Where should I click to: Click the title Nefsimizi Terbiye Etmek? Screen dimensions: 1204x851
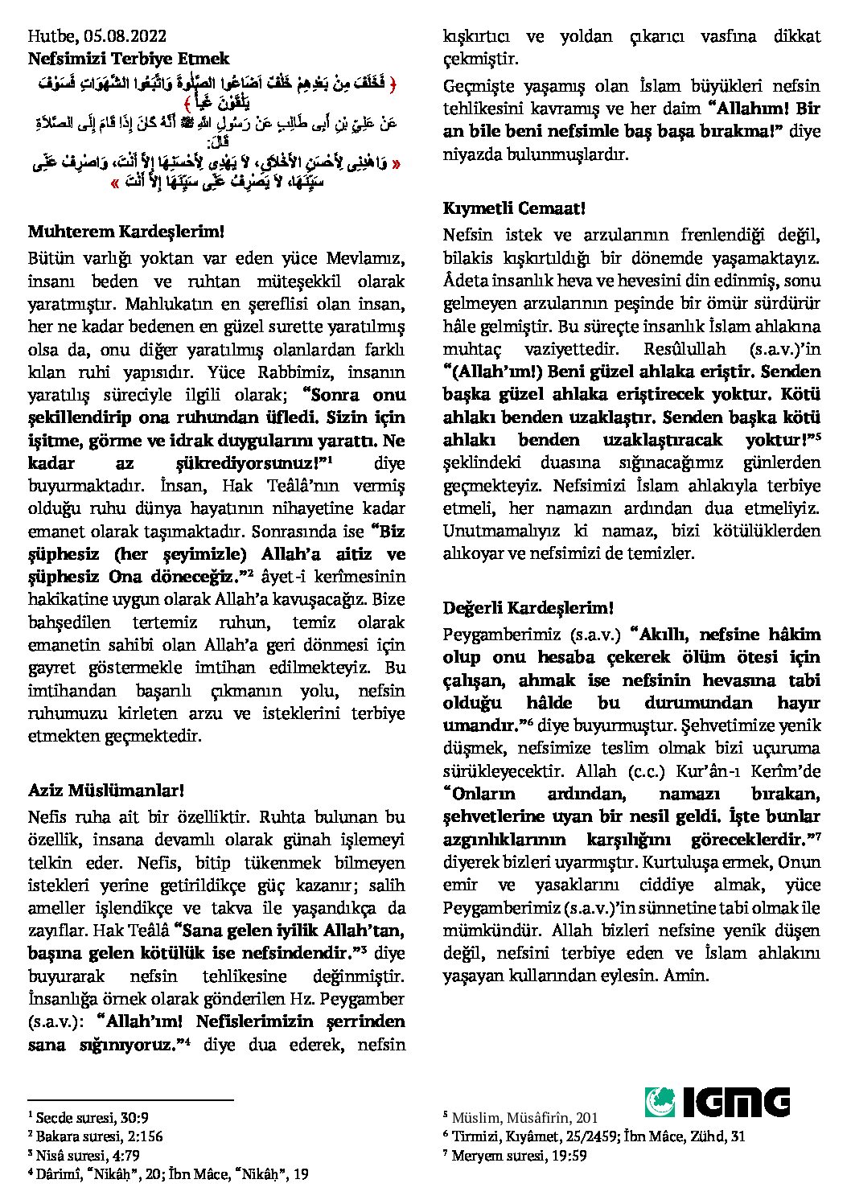129,59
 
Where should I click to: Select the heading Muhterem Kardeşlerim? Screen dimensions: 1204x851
125,232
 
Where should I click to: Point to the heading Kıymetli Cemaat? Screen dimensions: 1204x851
514,208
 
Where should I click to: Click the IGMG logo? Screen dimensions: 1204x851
716,1102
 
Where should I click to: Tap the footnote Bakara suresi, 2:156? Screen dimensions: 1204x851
95,1136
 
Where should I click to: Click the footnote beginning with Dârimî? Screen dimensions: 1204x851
168,1174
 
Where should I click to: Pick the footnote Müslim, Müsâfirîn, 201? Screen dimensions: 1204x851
520,1117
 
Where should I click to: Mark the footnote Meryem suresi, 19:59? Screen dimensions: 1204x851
515,1156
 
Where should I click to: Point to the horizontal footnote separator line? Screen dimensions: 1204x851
130,1100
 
